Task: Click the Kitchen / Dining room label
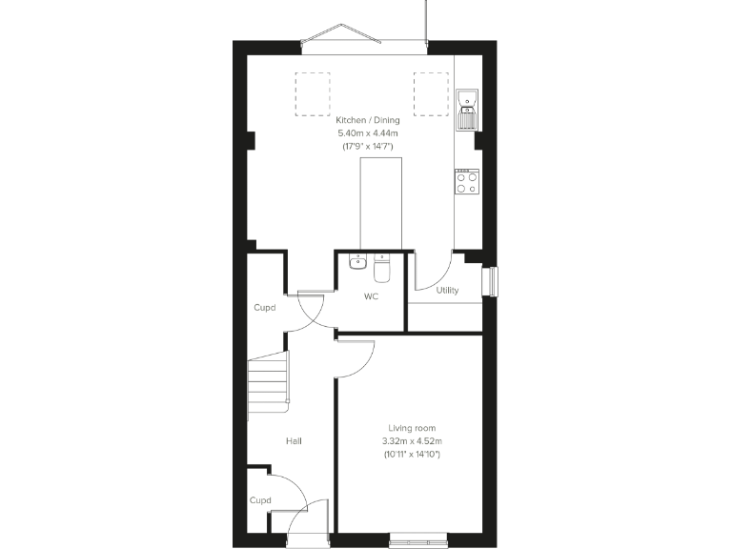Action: (367, 121)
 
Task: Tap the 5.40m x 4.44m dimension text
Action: (367, 133)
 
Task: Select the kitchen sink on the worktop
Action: (466, 110)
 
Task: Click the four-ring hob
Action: (466, 181)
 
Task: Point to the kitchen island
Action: (380, 204)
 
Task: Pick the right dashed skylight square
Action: (430, 93)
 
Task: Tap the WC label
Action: (371, 296)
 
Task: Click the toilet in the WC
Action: (381, 270)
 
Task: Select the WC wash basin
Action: (356, 261)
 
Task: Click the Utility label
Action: (446, 290)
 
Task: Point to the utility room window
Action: (493, 282)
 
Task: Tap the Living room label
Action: (411, 428)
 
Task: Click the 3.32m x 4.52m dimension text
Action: (411, 441)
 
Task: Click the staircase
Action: (268, 381)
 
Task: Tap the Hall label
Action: (295, 441)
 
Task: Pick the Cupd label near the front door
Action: (259, 499)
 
